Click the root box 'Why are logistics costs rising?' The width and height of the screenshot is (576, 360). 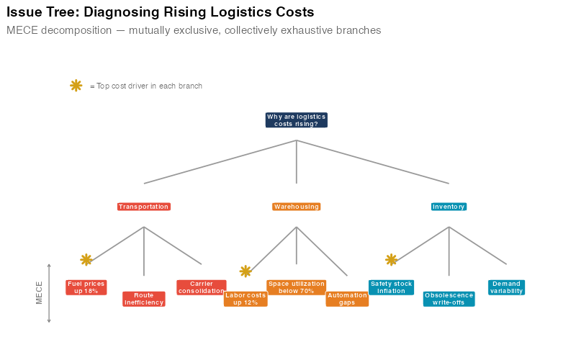click(x=296, y=120)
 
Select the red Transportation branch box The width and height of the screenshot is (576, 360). click(x=144, y=207)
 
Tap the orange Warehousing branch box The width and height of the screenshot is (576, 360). click(x=296, y=207)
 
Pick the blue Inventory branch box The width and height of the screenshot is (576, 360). click(x=449, y=207)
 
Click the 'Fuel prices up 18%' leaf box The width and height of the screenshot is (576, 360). click(x=86, y=287)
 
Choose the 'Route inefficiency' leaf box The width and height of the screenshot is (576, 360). click(x=144, y=299)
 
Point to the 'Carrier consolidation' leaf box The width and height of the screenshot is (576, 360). click(x=201, y=287)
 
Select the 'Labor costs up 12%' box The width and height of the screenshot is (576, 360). click(x=246, y=299)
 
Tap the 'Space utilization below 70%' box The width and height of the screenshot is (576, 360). click(x=296, y=287)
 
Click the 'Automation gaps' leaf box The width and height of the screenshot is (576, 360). click(x=347, y=299)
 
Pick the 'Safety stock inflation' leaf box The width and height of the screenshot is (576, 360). click(x=391, y=287)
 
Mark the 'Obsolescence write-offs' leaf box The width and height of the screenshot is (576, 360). click(x=449, y=299)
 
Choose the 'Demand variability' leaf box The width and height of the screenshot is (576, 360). click(x=506, y=287)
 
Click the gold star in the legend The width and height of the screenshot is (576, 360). click(x=76, y=86)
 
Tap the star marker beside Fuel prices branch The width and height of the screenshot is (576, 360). click(x=86, y=259)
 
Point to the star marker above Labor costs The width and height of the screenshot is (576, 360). click(x=246, y=271)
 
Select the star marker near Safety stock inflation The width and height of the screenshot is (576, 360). click(x=391, y=259)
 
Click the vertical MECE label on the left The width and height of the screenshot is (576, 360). click(x=40, y=292)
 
